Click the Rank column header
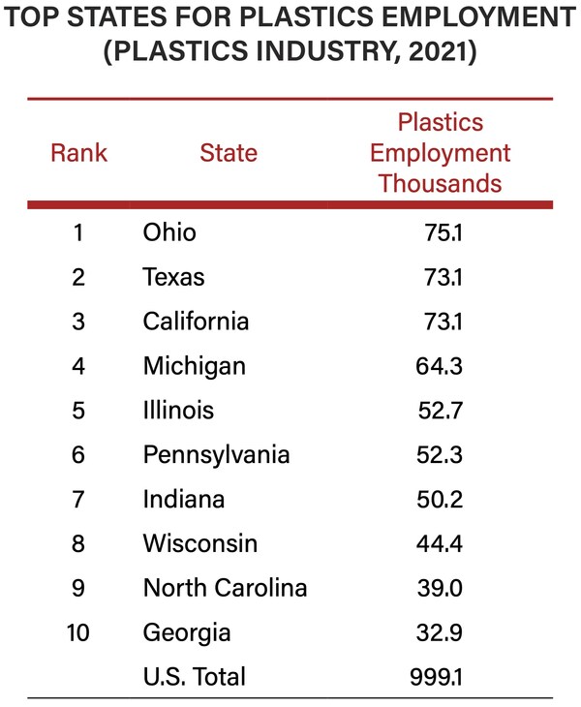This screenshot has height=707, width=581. point(78,152)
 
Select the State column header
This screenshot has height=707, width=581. point(229,152)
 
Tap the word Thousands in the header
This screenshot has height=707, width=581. point(440,183)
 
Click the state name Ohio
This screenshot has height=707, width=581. point(169,232)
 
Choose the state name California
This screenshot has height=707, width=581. point(196,321)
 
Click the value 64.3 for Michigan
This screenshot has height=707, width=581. point(441,366)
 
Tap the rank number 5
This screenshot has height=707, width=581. point(78,411)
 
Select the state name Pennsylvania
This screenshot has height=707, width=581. point(216,454)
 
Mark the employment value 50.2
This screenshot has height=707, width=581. point(441,499)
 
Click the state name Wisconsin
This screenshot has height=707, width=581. point(200,543)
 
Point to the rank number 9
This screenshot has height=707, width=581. point(78,588)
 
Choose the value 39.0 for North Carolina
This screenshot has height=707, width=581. point(441,588)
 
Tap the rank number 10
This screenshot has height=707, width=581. point(78,632)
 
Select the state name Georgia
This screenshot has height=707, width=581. point(187,632)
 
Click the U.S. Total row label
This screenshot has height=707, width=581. point(194,676)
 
